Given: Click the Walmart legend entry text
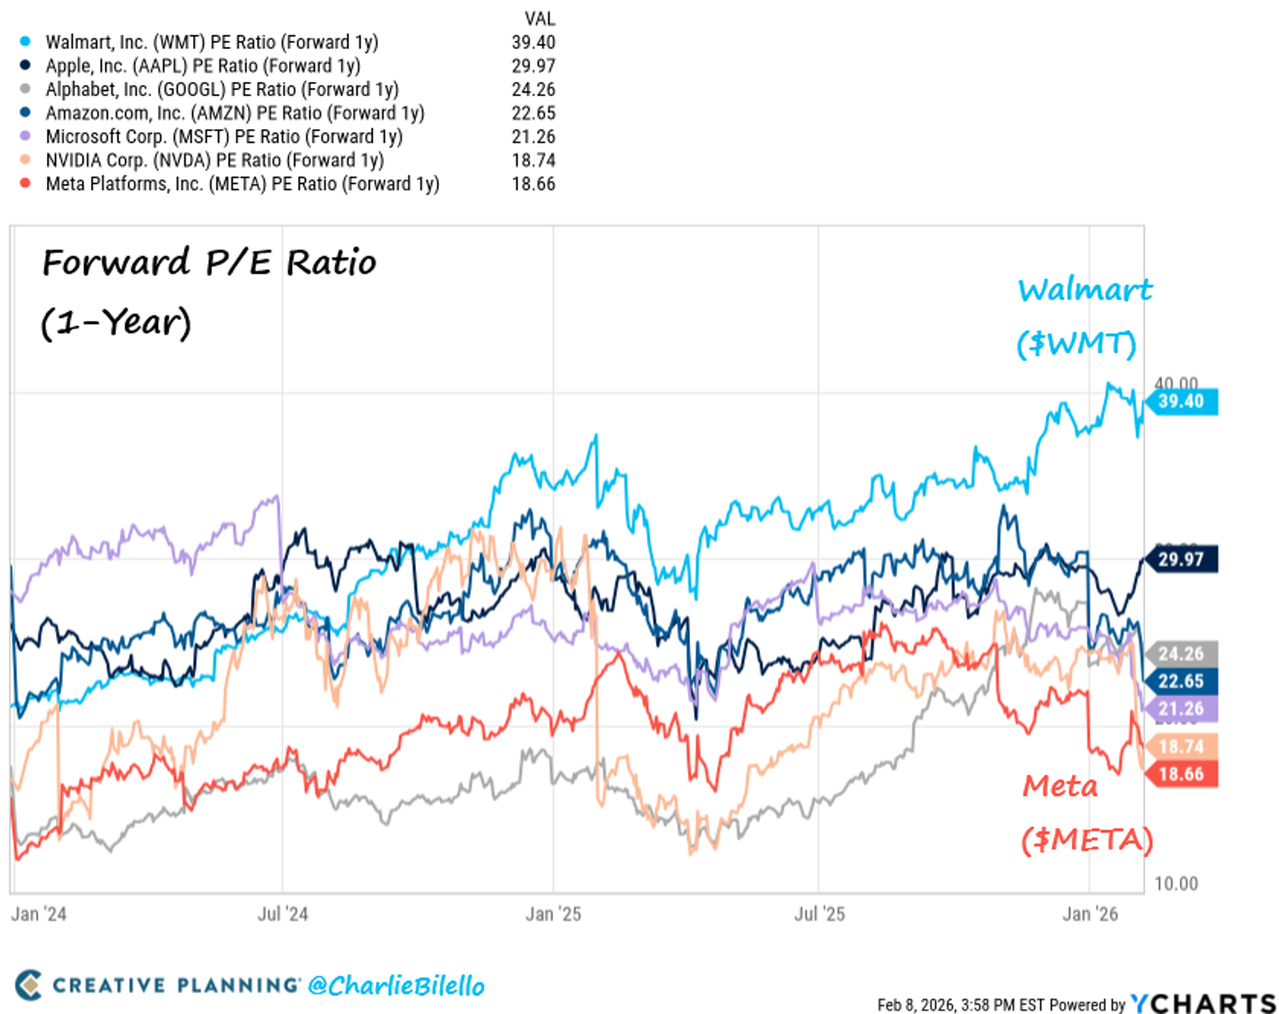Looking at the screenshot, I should click(x=212, y=42).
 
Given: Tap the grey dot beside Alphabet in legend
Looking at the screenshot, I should click(x=25, y=89).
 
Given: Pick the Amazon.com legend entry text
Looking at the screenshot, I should click(x=235, y=113).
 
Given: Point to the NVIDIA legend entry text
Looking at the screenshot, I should click(x=215, y=160).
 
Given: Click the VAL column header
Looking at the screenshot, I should click(x=539, y=19).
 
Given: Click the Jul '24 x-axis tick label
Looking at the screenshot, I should click(x=282, y=914).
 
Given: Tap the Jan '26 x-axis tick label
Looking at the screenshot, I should click(x=1090, y=914).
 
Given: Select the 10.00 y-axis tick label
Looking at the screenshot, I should click(x=1176, y=884).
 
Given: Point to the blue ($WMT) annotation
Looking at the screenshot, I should click(x=1076, y=344).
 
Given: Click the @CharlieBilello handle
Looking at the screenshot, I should click(x=396, y=986).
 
